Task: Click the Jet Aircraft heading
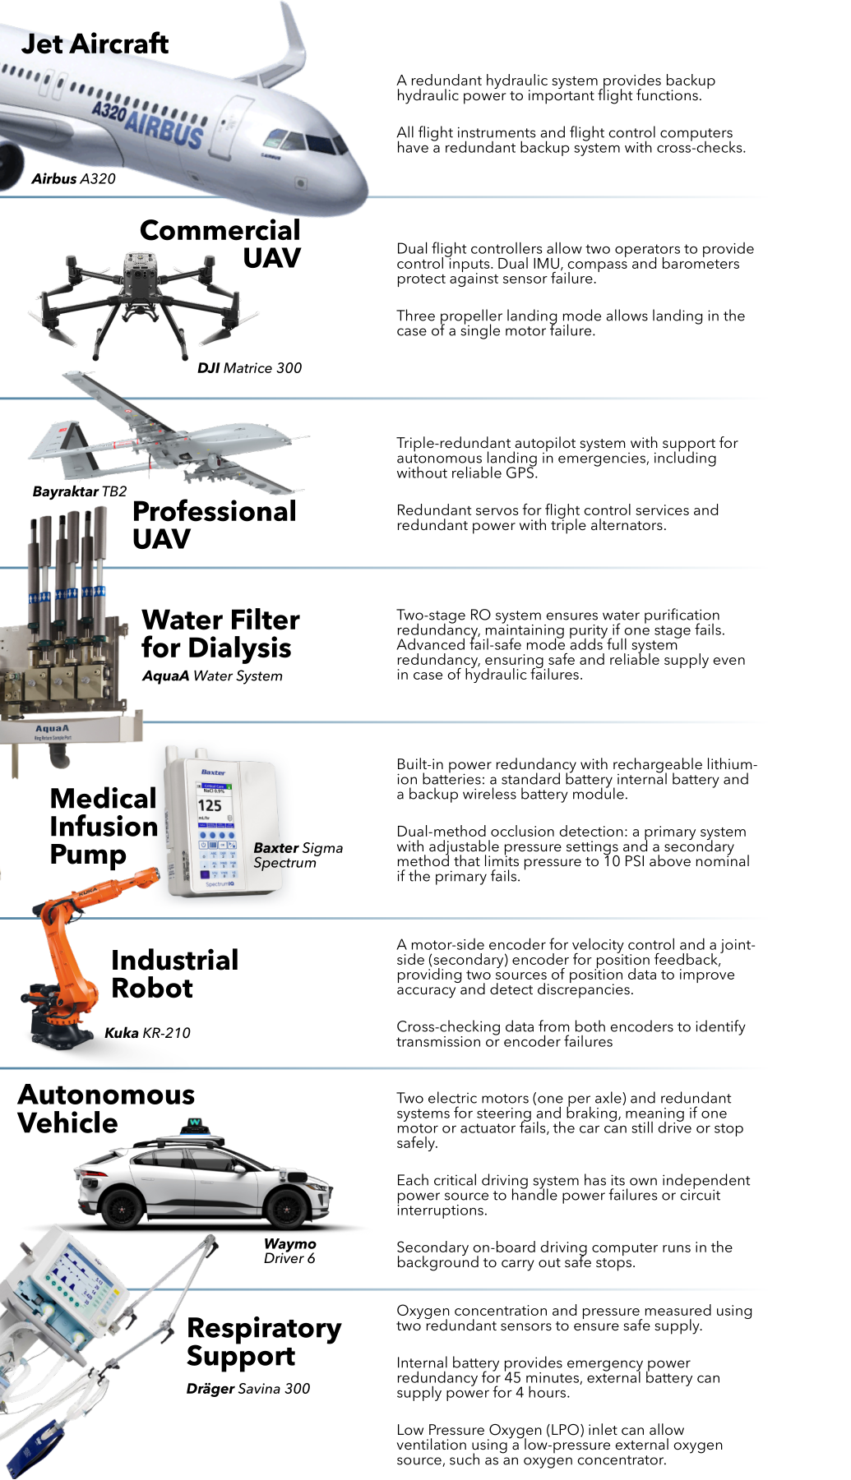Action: click(95, 44)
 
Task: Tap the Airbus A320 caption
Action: click(74, 179)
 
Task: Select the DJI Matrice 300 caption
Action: click(250, 368)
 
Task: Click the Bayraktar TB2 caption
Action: click(80, 491)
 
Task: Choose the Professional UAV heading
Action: click(215, 525)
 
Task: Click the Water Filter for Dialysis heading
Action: click(220, 634)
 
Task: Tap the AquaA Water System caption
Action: click(212, 676)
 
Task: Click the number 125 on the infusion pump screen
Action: click(210, 806)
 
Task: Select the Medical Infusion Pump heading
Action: click(104, 827)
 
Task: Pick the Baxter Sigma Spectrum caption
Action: click(298, 855)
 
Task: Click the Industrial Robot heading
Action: click(175, 974)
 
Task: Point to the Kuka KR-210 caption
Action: click(147, 1033)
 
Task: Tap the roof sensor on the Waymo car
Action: click(197, 1127)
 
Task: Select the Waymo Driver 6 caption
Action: click(289, 1251)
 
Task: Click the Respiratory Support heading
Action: click(264, 1343)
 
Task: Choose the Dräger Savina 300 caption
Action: click(248, 1389)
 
